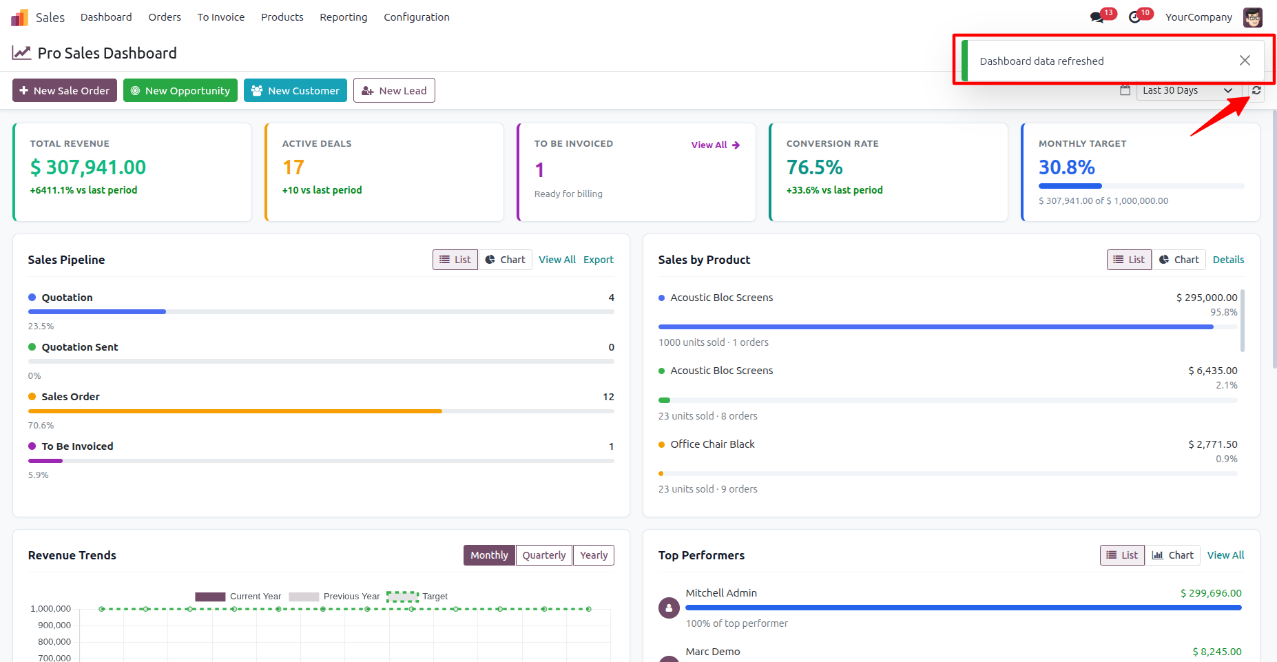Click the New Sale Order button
pos(65,90)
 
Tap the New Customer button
pos(295,90)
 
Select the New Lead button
pos(394,90)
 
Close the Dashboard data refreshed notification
pos(1245,61)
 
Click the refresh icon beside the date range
pos(1256,90)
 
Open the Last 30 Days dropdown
pos(1188,90)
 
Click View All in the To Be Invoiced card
pos(716,145)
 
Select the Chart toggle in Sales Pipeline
pos(505,260)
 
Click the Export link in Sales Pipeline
pos(598,260)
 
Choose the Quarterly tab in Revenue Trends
pos(544,555)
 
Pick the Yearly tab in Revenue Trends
pos(594,555)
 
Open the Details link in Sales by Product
pos(1228,260)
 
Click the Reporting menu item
pos(343,17)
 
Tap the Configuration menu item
pos(417,17)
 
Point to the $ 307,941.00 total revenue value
pos(88,167)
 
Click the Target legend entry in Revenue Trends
pos(417,597)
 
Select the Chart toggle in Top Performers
pos(1173,555)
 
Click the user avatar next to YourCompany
pos(1253,17)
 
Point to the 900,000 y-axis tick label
pos(54,625)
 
